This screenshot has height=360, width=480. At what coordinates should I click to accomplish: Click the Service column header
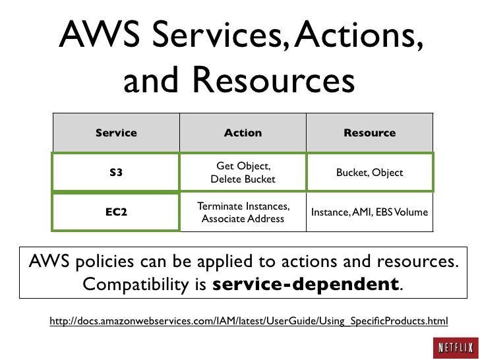tap(116, 133)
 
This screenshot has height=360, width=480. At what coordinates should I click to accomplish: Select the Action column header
tap(243, 133)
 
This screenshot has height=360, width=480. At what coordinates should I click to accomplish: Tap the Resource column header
tap(369, 133)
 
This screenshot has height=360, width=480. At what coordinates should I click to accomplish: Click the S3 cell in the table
tap(116, 173)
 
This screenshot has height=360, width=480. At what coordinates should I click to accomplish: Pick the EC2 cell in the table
tap(116, 212)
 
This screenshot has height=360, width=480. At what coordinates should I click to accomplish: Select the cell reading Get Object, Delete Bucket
tap(243, 173)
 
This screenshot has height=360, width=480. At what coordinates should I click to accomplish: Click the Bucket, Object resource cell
tap(369, 173)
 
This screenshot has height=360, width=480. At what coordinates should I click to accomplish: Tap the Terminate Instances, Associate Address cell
tap(243, 212)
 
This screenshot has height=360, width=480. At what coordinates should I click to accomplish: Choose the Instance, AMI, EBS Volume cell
tap(369, 212)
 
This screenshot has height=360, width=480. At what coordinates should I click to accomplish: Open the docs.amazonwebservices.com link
tap(249, 321)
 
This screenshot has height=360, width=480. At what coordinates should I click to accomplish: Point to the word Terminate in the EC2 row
tap(218, 206)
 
